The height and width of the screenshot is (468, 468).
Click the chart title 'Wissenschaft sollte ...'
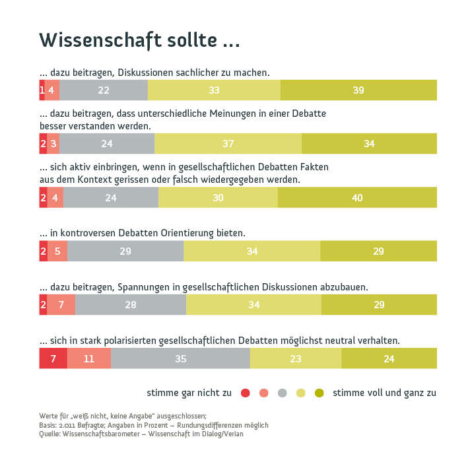point(139,40)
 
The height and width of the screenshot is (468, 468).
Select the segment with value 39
point(358,90)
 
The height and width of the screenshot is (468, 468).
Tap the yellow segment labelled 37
point(228,144)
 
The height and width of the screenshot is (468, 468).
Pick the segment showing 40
point(357,197)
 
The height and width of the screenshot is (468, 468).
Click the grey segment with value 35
point(180,358)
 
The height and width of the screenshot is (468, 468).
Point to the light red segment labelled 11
point(89,358)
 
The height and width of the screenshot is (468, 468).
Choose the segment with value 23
point(296,358)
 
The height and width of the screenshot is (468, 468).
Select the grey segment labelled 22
point(104,90)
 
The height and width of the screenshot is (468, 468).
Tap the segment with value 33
point(214,90)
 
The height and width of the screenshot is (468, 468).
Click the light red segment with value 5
point(57,251)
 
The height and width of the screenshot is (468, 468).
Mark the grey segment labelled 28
point(131,304)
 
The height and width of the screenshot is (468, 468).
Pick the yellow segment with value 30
point(218,197)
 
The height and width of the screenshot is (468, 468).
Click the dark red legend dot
point(245,393)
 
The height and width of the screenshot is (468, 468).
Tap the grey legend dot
point(283,393)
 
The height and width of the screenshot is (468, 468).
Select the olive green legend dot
point(319,393)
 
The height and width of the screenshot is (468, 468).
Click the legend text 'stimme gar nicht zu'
point(189,393)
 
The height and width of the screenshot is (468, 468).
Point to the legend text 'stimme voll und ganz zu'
point(384,393)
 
